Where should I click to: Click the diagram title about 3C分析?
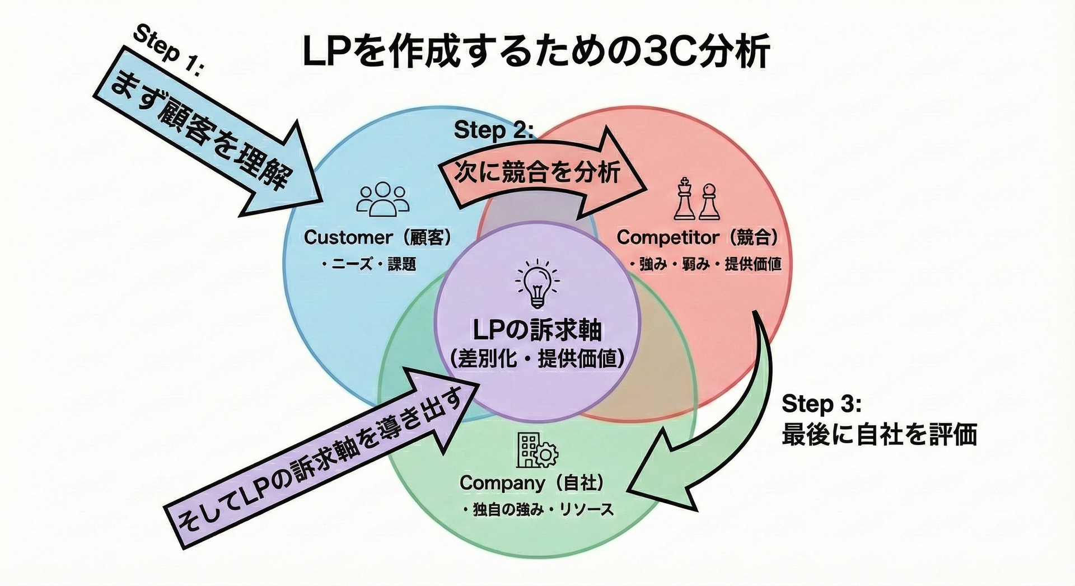tap(536, 51)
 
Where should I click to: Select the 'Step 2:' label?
tap(493, 130)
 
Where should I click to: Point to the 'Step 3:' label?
tap(821, 403)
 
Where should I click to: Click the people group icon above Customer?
tap(382, 200)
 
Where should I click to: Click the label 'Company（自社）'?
tap(531, 482)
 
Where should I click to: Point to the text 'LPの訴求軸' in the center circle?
tap(537, 330)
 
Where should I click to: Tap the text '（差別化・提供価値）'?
tap(537, 359)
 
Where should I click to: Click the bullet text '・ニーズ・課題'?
tap(369, 264)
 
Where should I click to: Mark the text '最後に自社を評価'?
tap(879, 435)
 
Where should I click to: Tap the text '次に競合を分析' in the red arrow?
tap(536, 172)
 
